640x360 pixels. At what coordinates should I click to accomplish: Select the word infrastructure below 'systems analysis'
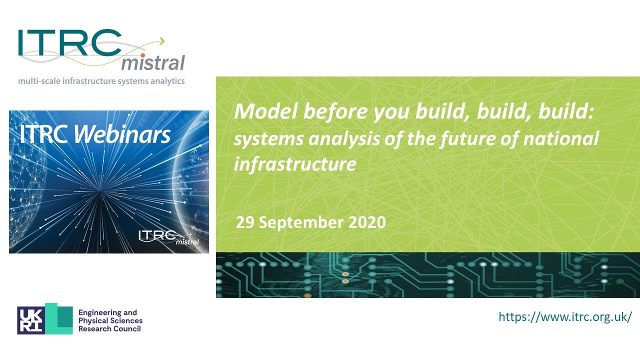295,164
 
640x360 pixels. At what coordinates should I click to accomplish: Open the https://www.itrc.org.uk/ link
565,316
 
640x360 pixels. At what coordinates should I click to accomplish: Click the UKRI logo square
31,320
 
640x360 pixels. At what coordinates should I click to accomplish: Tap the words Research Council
109,328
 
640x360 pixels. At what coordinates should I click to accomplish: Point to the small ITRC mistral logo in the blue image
168,236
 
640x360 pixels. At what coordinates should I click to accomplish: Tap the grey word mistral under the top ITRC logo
153,63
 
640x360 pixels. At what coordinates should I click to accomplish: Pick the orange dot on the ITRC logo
142,55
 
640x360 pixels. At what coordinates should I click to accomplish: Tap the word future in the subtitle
463,138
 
